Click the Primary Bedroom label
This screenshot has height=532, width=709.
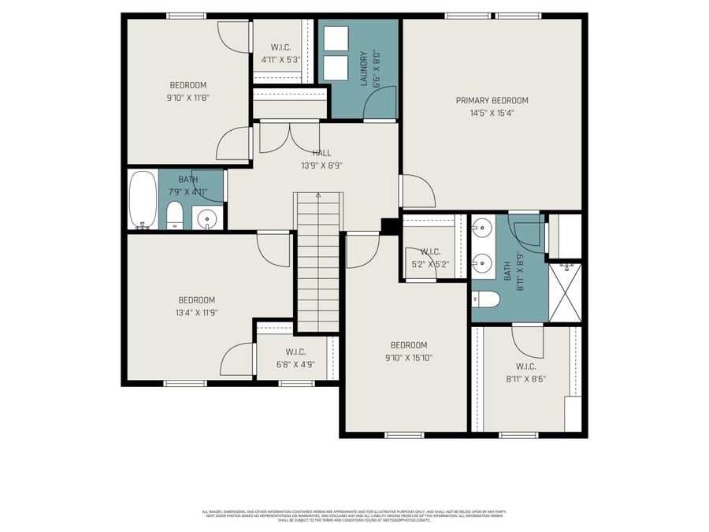(x=492, y=100)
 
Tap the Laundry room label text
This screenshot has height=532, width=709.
(x=364, y=69)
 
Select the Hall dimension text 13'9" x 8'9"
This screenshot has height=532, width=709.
(x=321, y=166)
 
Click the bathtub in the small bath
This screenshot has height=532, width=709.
(x=143, y=200)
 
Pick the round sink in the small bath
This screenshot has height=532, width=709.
(x=207, y=218)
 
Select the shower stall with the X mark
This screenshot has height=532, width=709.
(x=565, y=292)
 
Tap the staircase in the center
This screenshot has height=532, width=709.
(x=318, y=264)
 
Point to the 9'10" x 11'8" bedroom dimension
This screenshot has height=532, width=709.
(x=187, y=98)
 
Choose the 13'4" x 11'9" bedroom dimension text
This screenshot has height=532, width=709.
(x=196, y=312)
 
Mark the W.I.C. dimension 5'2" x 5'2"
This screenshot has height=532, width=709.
(x=431, y=264)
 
